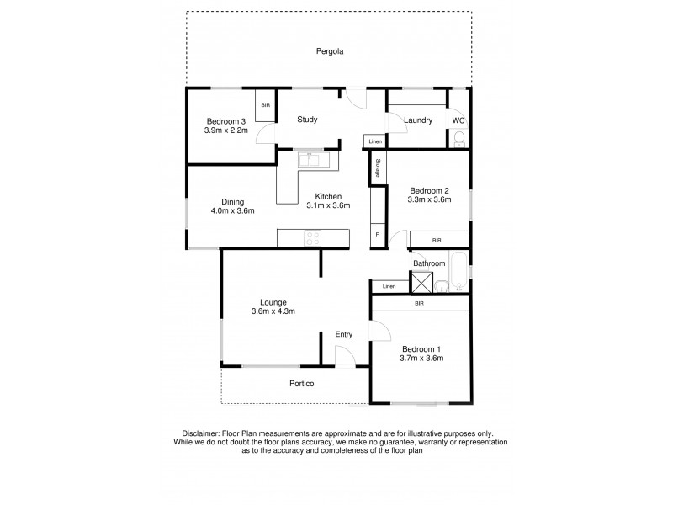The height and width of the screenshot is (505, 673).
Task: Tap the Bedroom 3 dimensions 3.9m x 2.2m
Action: tap(226, 130)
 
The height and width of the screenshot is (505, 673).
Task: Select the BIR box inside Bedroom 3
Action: tap(266, 104)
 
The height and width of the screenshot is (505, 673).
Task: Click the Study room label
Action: tap(307, 120)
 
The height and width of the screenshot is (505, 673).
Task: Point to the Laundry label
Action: tap(417, 120)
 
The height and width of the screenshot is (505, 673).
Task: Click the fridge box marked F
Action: tap(377, 235)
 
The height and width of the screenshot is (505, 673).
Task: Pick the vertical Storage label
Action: tap(378, 167)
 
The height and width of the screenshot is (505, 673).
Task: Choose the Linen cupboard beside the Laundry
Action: tap(374, 141)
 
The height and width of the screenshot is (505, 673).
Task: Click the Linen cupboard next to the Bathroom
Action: tap(389, 287)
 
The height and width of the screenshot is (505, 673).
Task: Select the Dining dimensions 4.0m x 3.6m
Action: tap(232, 211)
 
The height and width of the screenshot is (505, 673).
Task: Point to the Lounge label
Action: tap(273, 302)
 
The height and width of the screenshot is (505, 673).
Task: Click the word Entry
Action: tap(344, 335)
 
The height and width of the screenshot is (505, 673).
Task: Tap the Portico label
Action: tap(300, 384)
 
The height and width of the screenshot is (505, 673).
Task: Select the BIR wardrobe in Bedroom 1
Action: tap(419, 304)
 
